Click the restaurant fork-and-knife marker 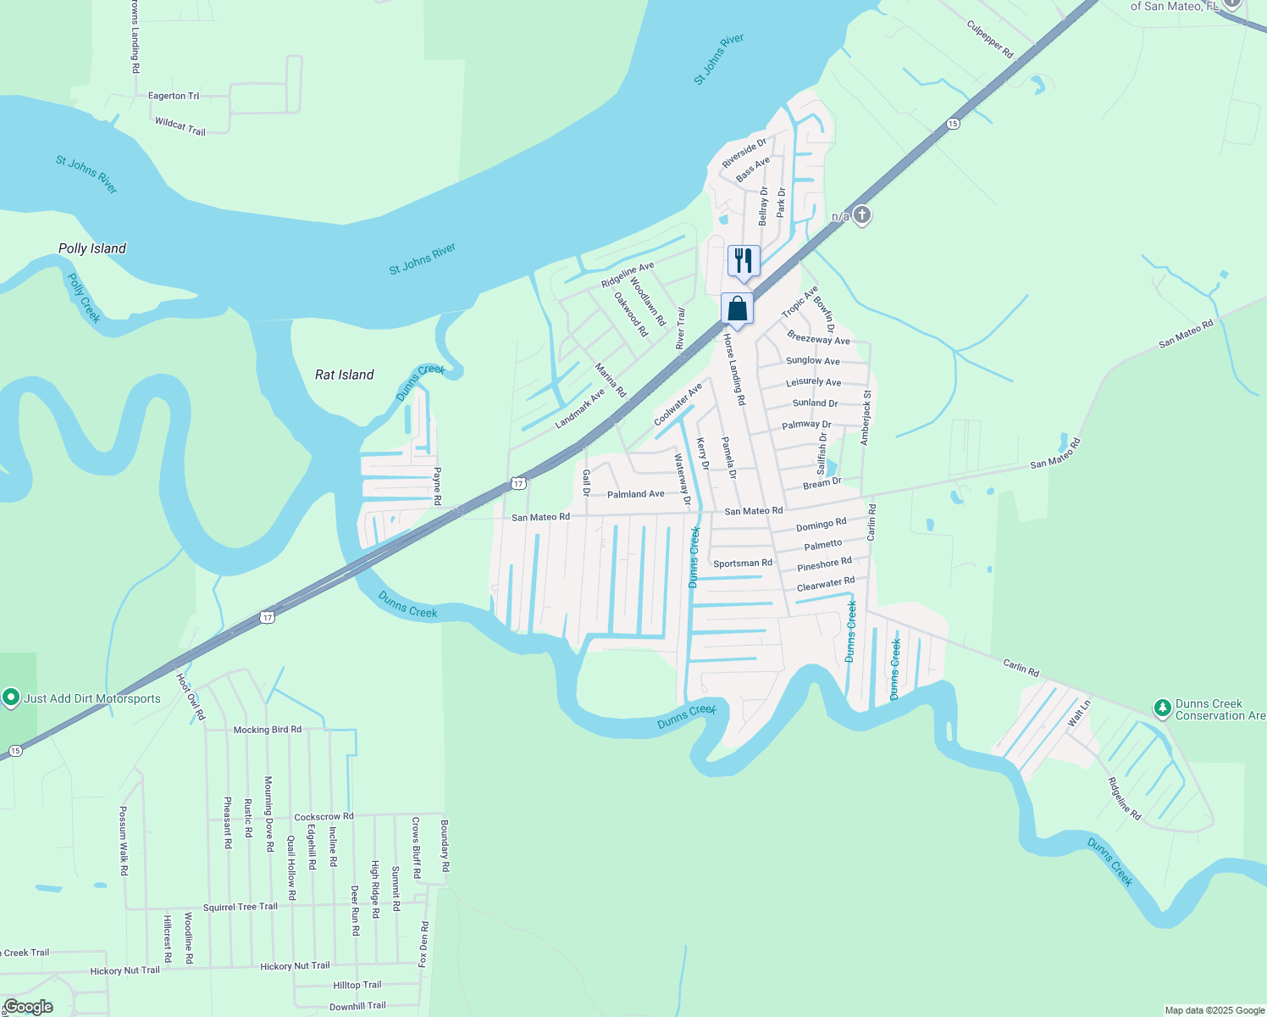(744, 260)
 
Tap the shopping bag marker (737, 308)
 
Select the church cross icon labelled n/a (861, 215)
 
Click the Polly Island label (92, 248)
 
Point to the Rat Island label (344, 375)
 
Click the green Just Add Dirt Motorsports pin (11, 697)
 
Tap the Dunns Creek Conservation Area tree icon (1163, 707)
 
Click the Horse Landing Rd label (734, 369)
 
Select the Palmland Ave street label (636, 494)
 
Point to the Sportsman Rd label (743, 563)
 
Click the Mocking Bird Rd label (267, 730)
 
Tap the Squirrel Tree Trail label (241, 907)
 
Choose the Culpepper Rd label (990, 39)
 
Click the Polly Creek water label (84, 297)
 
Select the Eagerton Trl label (174, 96)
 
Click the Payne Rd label (437, 486)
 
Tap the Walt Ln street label (1079, 713)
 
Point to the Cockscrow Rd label (324, 817)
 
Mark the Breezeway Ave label (818, 338)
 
